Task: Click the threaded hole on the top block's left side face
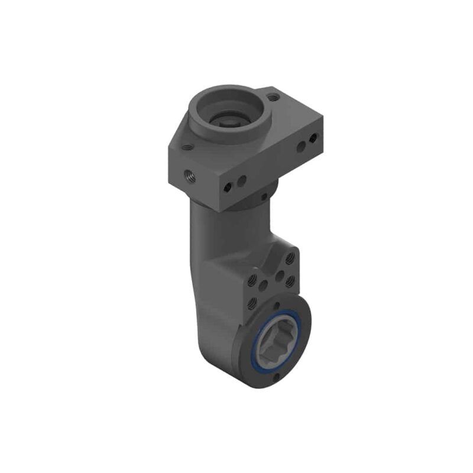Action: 189,175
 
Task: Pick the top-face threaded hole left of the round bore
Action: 187,148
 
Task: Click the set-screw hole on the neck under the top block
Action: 263,196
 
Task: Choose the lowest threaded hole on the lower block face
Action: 253,302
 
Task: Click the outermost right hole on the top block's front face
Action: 313,138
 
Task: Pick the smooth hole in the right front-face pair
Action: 300,145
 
